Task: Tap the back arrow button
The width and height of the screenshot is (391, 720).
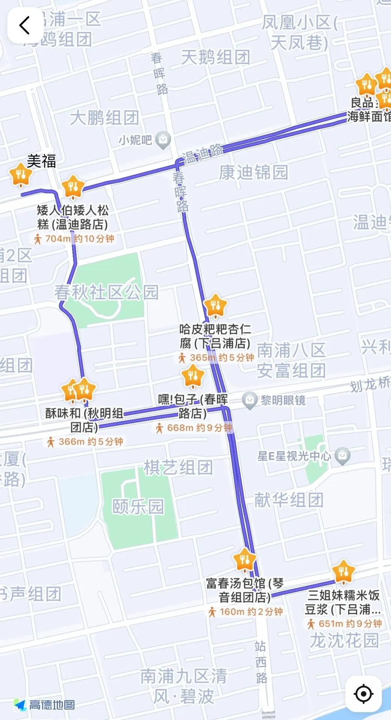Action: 25,25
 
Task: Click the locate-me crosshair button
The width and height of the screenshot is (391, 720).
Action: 363,693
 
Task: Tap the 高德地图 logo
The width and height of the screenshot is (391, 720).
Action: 44,705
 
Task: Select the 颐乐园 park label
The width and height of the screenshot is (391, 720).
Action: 138,506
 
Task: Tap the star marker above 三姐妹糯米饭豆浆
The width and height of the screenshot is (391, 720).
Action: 343,572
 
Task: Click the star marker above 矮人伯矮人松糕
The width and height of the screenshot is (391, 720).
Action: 73,186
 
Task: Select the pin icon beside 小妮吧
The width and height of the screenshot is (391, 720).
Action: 163,140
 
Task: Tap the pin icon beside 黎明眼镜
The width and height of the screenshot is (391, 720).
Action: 250,400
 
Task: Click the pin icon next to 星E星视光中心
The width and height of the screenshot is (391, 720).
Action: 342,456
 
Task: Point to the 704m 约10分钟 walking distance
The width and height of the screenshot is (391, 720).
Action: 74,238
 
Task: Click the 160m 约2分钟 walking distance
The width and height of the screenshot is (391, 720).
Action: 246,612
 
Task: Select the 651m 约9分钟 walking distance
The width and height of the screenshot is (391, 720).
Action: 344,624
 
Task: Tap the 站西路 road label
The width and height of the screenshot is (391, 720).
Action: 261,662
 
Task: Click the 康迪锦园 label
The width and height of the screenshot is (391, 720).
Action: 253,172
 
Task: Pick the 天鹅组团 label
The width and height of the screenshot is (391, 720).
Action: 215,57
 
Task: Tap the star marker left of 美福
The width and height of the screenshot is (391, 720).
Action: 21,174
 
